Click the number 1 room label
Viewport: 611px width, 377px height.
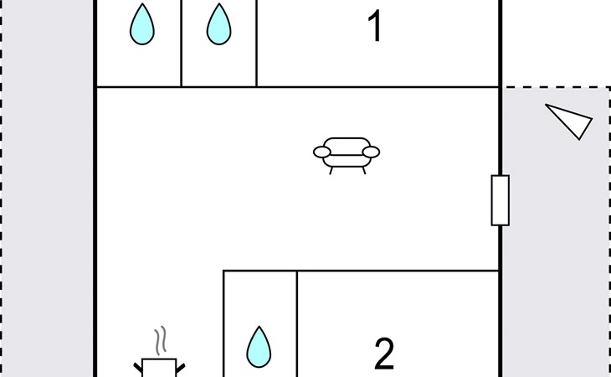(x=375, y=28)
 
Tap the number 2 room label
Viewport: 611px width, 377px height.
(x=383, y=354)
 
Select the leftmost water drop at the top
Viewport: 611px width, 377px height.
(x=142, y=24)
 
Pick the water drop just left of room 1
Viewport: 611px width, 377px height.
(x=218, y=24)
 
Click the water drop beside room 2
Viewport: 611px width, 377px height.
(x=259, y=347)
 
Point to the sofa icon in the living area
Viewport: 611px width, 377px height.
(x=347, y=153)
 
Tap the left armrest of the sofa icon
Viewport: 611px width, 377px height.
(x=322, y=152)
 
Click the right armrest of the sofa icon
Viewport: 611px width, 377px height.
(x=371, y=152)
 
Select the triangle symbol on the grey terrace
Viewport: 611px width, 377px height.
(x=572, y=121)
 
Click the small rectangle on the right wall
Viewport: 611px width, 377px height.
(x=500, y=200)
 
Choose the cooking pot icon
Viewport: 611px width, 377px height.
(x=159, y=367)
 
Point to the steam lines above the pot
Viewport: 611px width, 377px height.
(x=160, y=340)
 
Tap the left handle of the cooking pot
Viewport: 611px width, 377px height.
(x=139, y=367)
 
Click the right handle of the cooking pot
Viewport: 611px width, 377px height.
(x=179, y=367)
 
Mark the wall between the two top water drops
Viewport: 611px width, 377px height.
(x=182, y=42)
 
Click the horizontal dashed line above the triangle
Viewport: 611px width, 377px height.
(x=557, y=86)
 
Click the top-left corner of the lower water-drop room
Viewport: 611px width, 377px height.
(x=224, y=271)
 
